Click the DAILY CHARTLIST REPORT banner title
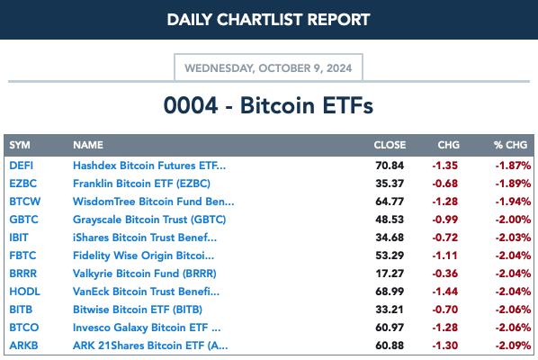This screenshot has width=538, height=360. [x=268, y=20]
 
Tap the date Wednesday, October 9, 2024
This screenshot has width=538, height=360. [x=268, y=68]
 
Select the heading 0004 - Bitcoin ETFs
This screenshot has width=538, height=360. [x=268, y=105]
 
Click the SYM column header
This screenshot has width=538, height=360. [x=20, y=145]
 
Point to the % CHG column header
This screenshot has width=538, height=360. [x=510, y=145]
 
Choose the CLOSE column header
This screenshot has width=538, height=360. [x=390, y=145]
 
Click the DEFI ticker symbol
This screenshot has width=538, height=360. [x=22, y=166]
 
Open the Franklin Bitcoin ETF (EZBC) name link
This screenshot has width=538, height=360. [x=142, y=184]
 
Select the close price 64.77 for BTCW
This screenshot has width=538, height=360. [x=390, y=202]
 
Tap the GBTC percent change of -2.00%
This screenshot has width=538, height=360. [x=514, y=220]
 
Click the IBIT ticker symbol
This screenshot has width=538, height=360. [x=19, y=238]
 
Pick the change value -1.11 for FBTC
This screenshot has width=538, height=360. [x=445, y=256]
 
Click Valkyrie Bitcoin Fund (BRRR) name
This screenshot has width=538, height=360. [x=145, y=274]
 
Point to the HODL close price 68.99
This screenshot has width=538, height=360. [x=390, y=292]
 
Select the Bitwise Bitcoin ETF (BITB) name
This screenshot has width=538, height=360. [x=138, y=310]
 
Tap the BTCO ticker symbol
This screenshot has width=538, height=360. [x=24, y=328]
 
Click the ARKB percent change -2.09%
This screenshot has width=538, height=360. [x=514, y=346]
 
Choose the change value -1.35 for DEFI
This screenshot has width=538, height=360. [x=445, y=166]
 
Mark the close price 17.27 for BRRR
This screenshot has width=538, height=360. [x=390, y=274]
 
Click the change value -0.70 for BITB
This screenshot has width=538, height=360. [x=445, y=310]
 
